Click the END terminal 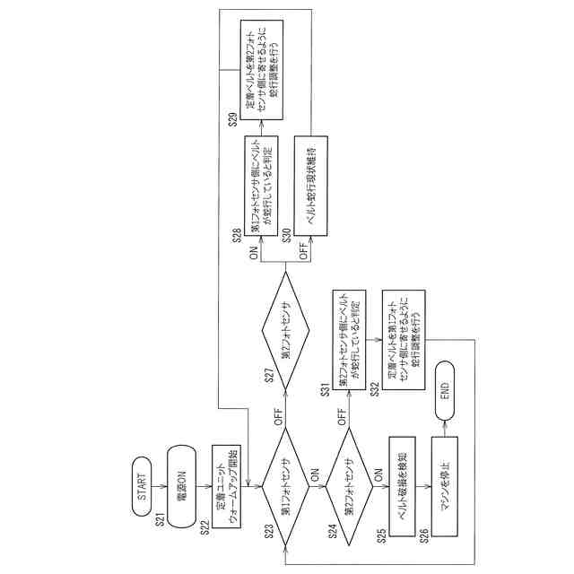(445, 393)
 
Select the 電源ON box (181, 492)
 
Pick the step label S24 (332, 532)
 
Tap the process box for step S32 (403, 335)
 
